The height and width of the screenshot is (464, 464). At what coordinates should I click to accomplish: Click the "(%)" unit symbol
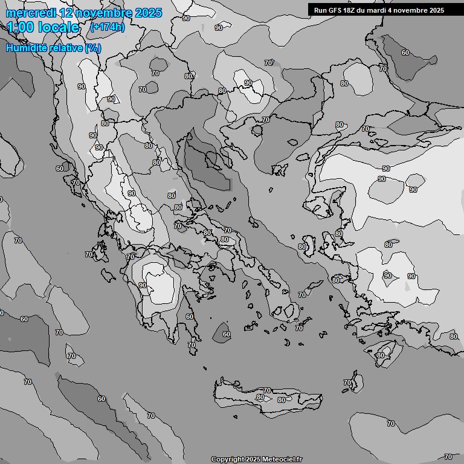click(x=93, y=48)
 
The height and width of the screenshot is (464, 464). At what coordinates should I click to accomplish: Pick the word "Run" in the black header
click(x=320, y=10)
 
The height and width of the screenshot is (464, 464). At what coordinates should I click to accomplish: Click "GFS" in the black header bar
click(x=335, y=10)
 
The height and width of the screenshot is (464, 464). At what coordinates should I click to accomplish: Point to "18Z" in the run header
click(x=351, y=10)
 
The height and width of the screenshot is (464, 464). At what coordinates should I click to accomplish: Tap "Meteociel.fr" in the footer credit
click(x=282, y=459)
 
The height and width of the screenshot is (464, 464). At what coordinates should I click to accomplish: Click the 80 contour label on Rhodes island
click(x=380, y=355)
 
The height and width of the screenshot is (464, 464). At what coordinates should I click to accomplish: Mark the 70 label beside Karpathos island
click(x=347, y=383)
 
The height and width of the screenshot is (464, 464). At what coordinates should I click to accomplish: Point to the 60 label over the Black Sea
click(x=405, y=53)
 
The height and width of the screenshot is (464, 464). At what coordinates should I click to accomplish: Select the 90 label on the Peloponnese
click(x=143, y=285)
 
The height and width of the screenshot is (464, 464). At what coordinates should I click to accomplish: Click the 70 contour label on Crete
click(x=267, y=391)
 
